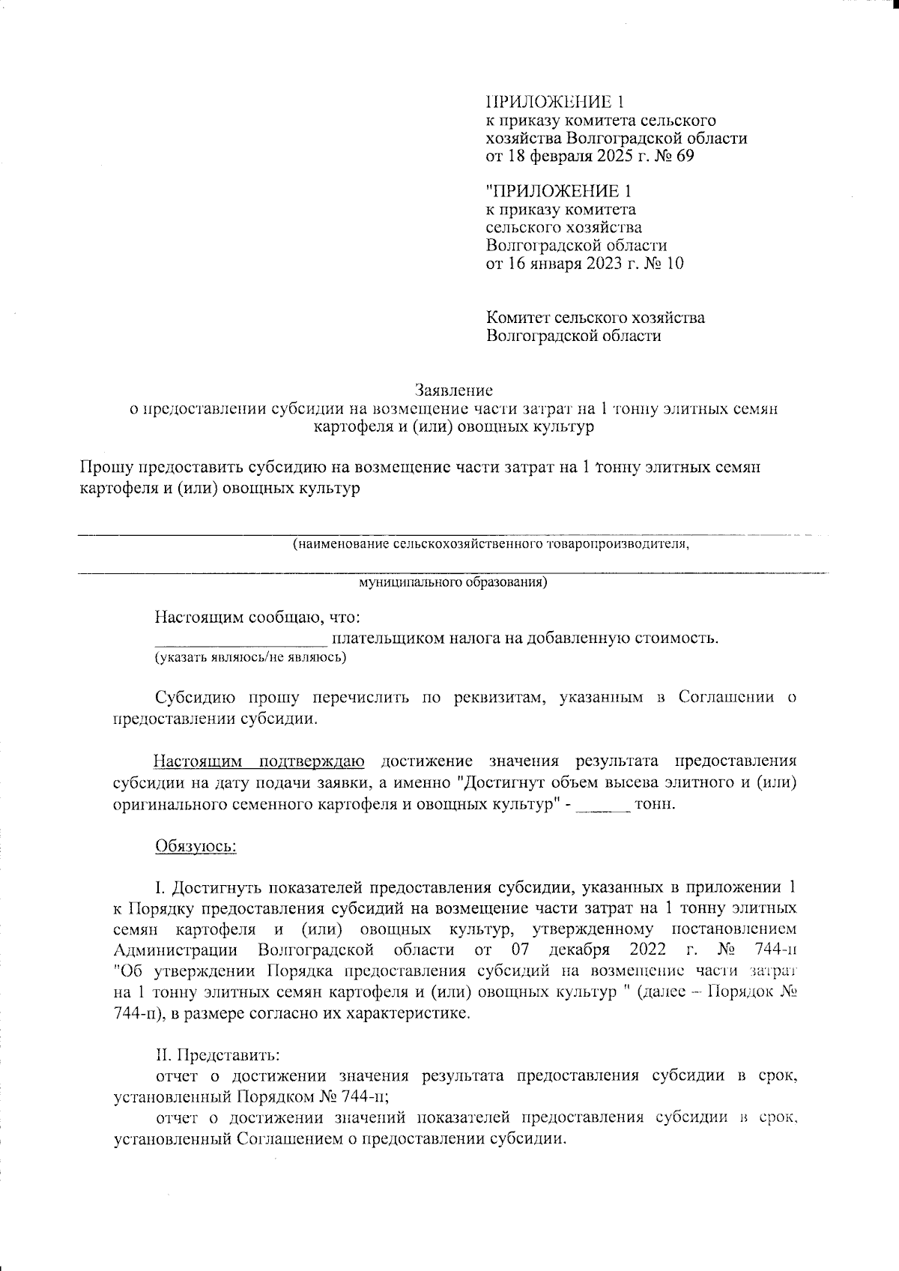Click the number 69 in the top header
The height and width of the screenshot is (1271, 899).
pos(685,157)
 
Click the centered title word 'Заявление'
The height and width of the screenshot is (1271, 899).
pos(454,390)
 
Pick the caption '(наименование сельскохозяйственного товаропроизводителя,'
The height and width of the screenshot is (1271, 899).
pos(491,544)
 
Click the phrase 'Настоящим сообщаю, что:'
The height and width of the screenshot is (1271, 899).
pos(258,618)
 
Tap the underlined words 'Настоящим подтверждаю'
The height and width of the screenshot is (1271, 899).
pos(259,762)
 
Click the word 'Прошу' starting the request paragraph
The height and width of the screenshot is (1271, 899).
pos(106,468)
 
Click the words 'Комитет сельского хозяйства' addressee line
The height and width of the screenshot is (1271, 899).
pos(595,317)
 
